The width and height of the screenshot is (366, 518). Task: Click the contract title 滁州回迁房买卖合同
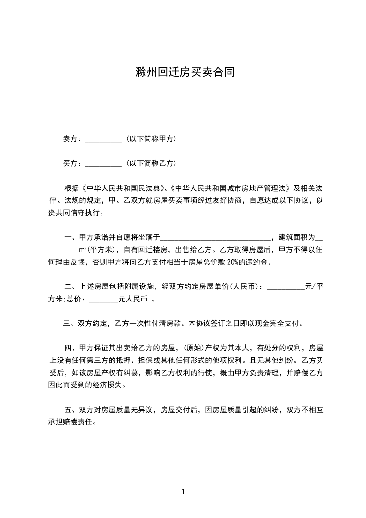[x=183, y=72]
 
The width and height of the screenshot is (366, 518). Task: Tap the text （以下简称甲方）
[x=150, y=139]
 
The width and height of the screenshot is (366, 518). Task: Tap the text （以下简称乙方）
[x=150, y=163]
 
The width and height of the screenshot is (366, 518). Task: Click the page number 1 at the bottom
[x=183, y=492]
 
